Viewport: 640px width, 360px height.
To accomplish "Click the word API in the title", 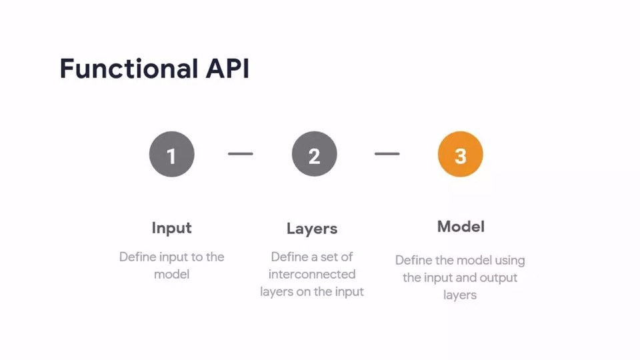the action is click(227, 69).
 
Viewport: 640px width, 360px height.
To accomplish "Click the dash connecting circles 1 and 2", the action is click(241, 154).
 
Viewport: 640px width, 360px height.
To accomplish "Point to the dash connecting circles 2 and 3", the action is click(387, 154).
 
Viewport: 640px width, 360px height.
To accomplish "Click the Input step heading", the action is click(171, 228).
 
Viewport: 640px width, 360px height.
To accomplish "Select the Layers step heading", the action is click(312, 229).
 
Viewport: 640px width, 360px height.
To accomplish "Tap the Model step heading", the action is click(461, 227).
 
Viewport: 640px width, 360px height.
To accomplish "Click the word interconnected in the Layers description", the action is click(312, 274).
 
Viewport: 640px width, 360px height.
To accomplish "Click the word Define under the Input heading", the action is click(137, 257).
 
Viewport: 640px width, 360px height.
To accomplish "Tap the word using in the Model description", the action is click(508, 260).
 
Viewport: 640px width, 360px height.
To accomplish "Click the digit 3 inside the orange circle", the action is click(460, 155).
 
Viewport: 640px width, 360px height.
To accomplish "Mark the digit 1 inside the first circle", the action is click(171, 155).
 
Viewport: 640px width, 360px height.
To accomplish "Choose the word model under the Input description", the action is click(171, 274).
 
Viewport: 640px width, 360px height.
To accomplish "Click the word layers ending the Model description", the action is click(460, 295).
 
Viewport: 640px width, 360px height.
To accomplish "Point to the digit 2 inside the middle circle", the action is click(314, 155).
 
